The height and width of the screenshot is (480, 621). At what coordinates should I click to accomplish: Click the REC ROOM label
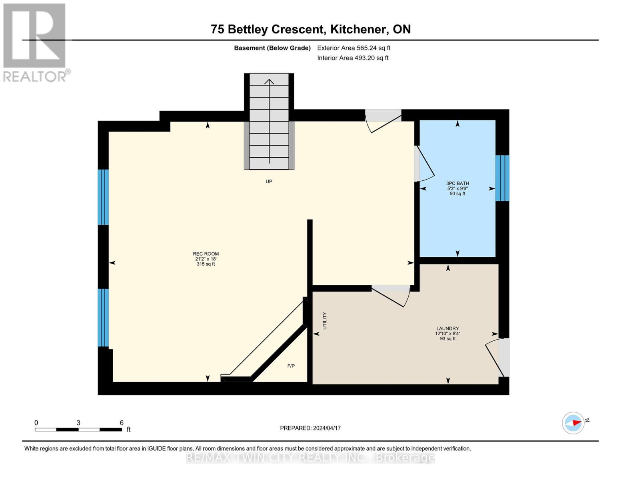206,254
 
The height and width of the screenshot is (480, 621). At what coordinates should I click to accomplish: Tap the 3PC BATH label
457,183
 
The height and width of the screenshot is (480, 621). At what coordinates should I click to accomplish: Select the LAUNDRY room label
447,328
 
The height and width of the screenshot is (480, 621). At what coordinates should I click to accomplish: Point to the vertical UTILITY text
325,321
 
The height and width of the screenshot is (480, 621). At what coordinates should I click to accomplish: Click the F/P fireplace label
291,366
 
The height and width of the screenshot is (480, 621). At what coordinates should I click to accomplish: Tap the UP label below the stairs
269,181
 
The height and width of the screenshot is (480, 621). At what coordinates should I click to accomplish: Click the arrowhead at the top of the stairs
269,82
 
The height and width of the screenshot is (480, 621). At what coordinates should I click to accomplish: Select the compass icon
573,423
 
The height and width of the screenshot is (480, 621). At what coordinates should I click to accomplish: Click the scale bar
78,429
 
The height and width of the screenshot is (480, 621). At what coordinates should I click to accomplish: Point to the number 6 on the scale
122,422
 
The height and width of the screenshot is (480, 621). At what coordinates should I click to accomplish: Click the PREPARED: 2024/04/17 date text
310,428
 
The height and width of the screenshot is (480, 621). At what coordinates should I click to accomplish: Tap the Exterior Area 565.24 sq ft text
354,48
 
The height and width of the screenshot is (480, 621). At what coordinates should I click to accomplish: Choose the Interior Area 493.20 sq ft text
353,58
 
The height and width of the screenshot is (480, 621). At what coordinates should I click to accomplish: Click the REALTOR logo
36,43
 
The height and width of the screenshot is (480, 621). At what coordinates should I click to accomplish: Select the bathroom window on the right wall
502,178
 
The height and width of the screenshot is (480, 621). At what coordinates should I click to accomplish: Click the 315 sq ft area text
206,264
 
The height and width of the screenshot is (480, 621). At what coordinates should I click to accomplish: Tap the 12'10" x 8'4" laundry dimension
447,334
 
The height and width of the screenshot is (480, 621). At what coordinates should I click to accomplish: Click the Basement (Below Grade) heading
272,48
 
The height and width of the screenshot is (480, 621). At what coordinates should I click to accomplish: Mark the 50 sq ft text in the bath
457,194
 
